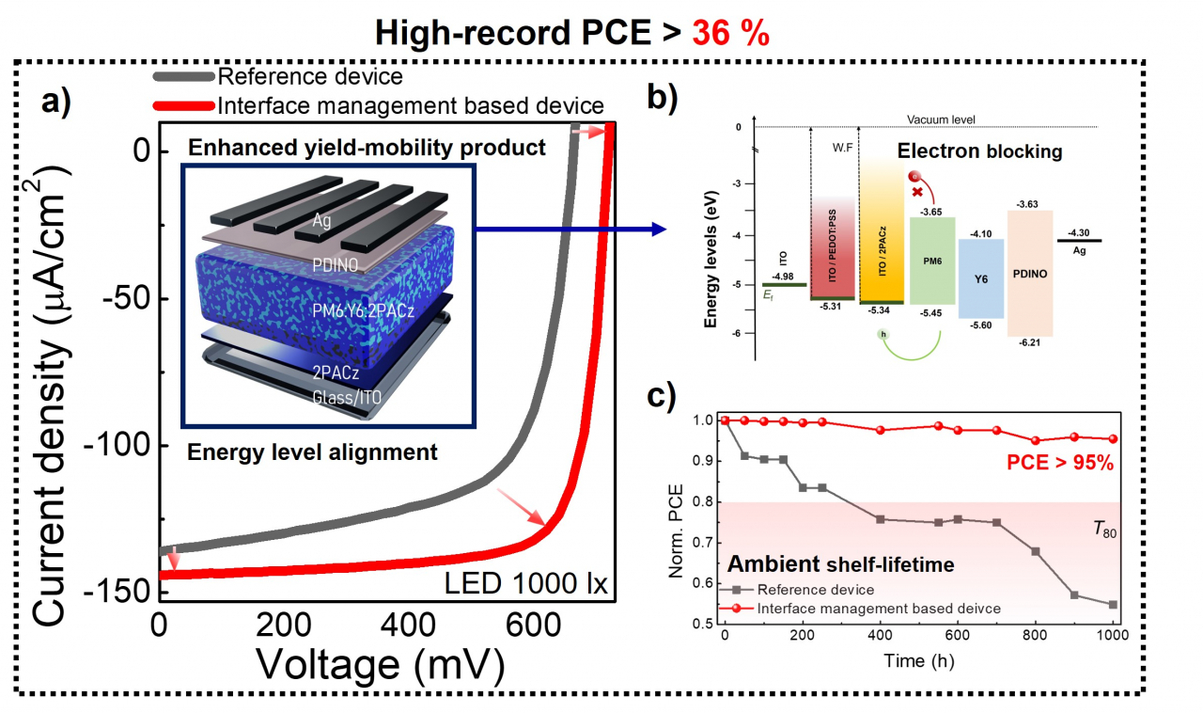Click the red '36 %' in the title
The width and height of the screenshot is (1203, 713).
pos(730,33)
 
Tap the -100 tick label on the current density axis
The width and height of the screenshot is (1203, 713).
pos(118,445)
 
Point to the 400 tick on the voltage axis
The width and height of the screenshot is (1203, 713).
pos(408,626)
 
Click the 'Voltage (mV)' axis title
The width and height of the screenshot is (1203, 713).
pos(381,665)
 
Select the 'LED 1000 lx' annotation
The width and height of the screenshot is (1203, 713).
pos(525,583)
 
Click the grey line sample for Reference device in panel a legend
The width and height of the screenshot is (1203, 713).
pos(183,76)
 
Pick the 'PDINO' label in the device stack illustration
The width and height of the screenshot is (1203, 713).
pos(336,264)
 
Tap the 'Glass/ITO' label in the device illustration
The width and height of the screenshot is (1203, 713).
pos(347,397)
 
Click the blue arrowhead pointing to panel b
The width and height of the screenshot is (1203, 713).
pos(659,230)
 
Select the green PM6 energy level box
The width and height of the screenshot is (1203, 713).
pos(932,261)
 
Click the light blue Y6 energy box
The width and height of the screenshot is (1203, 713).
pos(981,278)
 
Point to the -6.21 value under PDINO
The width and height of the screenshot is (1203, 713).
pos(1029,342)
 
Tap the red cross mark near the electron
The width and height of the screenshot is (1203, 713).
pos(917,192)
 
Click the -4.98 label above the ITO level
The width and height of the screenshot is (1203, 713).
pos(783,277)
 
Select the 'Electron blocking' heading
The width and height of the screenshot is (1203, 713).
pos(979,151)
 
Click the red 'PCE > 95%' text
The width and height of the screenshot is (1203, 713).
pos(1060,463)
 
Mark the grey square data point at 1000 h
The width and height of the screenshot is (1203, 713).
pos(1113,605)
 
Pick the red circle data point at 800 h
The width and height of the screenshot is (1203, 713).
pos(1036,440)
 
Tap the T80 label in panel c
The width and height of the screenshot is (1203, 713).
pos(1104,530)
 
